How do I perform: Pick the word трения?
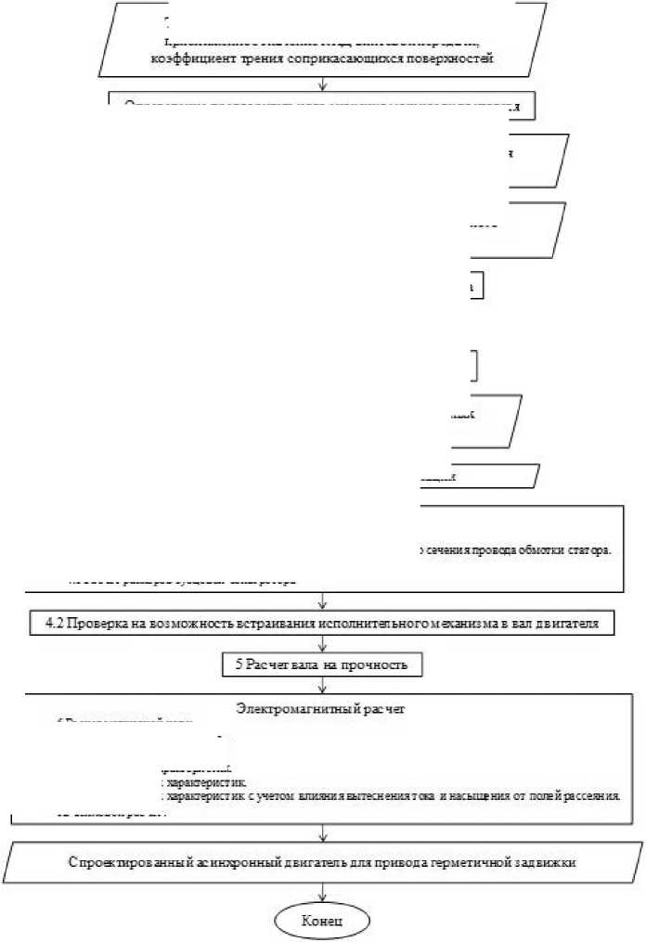[x=257, y=58]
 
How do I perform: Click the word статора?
[x=587, y=549]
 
